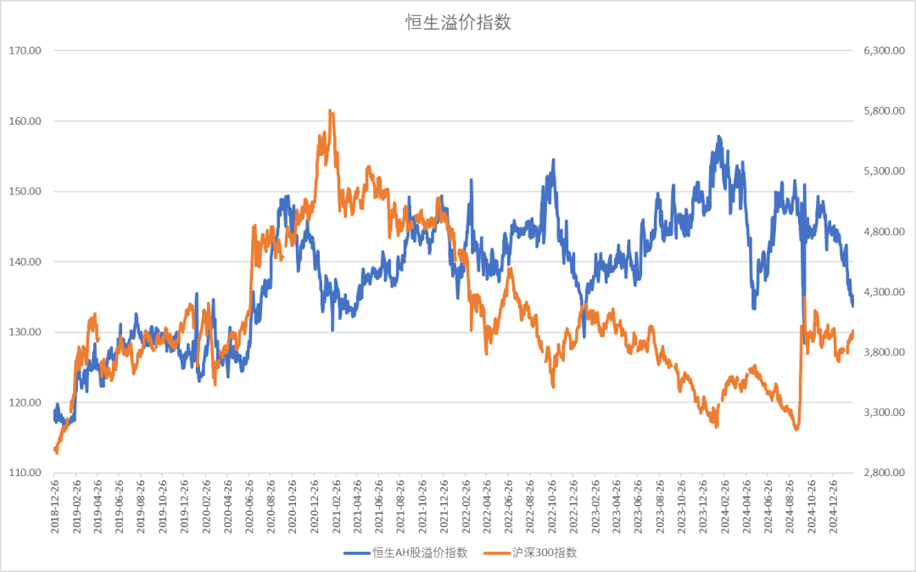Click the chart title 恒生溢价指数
tap(458, 23)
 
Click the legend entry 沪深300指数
tap(544, 552)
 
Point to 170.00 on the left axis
tap(25, 51)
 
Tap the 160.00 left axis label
tap(25, 121)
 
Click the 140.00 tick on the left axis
tap(25, 261)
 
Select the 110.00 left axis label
tap(25, 473)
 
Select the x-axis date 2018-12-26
tap(54, 506)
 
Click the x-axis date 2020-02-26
tap(206, 506)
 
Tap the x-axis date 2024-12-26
tap(832, 506)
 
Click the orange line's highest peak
tap(330, 110)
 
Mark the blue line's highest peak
tap(718, 136)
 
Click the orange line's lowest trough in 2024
tap(796, 429)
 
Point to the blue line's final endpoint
tap(852, 306)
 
